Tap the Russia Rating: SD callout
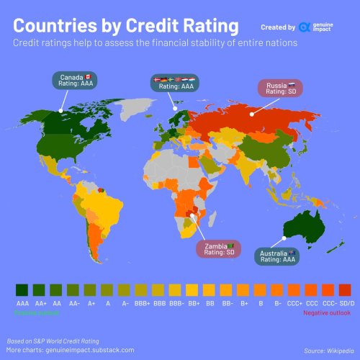[x=279, y=88]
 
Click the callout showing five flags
[x=176, y=83]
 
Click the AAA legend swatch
[x=22, y=289]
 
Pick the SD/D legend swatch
[x=345, y=289]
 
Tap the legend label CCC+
[x=294, y=305]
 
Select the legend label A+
[x=91, y=305]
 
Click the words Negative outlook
[x=326, y=313]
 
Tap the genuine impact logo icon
[x=305, y=27]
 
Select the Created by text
[x=278, y=27]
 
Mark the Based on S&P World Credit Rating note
[x=53, y=339]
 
